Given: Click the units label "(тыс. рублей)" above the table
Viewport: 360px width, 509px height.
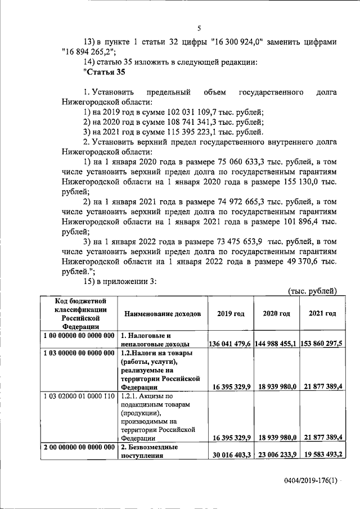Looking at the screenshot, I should click(312, 291).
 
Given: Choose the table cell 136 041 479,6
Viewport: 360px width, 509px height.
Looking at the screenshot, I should click(229, 343).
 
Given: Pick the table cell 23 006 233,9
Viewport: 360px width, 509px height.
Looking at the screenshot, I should click(276, 455).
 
